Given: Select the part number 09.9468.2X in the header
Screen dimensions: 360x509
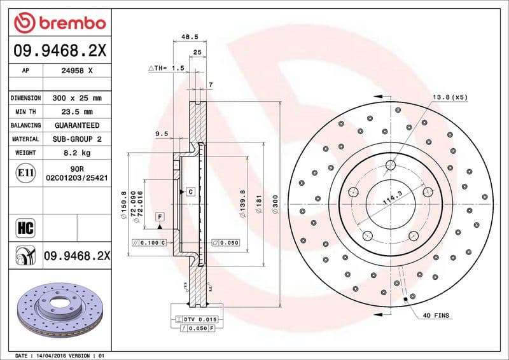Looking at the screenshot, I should [58, 49].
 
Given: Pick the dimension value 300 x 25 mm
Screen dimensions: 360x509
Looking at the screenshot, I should [77, 99].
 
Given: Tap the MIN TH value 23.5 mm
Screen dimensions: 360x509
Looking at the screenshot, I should [77, 112].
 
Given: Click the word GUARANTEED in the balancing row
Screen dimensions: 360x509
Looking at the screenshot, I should [77, 125].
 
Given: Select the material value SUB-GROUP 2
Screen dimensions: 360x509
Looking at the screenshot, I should [77, 139].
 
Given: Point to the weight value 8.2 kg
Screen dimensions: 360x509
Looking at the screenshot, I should [77, 153].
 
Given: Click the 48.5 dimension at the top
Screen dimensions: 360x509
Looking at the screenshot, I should [188, 38].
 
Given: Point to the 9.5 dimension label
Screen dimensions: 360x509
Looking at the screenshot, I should [161, 134].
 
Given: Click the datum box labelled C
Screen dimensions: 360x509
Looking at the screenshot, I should [190, 191].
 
